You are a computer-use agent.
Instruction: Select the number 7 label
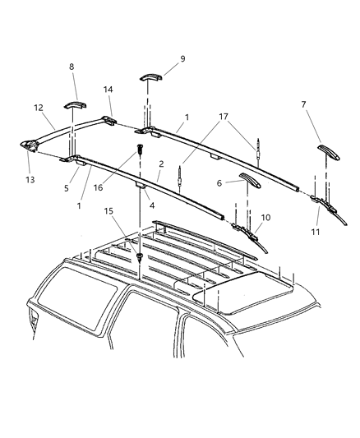pos(305,104)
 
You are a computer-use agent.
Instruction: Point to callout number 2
pos(161,164)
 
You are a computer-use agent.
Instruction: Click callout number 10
pos(265,218)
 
